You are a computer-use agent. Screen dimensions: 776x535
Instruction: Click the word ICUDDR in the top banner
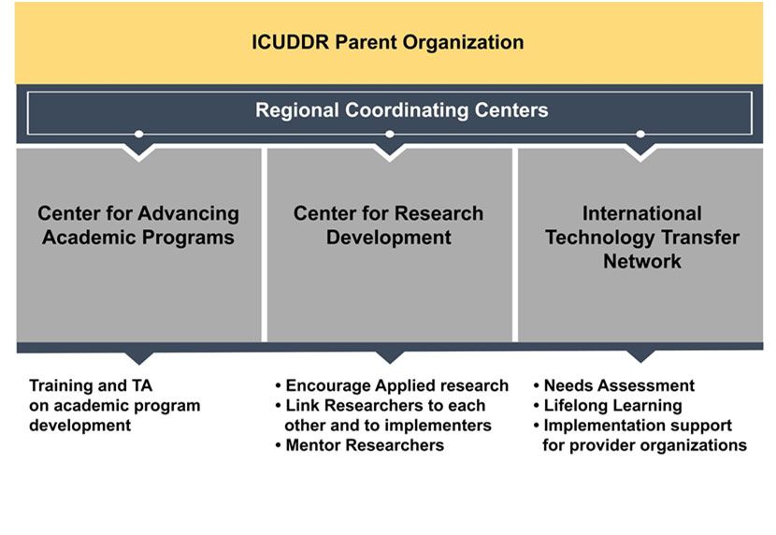coord(291,42)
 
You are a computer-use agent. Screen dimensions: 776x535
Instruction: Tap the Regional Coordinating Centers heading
coord(401,109)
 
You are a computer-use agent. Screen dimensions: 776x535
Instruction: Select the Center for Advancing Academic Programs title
coord(138,225)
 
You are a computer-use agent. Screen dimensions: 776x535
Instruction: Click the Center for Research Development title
coord(389,225)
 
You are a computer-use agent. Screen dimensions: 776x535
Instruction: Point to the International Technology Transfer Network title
coord(642,237)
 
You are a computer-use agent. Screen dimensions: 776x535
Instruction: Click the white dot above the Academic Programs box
coord(139,134)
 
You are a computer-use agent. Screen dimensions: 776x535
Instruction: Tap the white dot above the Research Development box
coord(390,134)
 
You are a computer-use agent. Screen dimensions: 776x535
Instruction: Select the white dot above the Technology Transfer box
coord(640,134)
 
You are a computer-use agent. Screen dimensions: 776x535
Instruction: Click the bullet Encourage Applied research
coord(392,385)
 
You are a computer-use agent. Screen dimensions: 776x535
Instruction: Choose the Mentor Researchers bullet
coord(360,445)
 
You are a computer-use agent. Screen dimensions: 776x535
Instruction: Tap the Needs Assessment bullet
coord(614,385)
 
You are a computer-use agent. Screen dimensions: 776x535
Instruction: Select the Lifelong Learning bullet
coord(608,406)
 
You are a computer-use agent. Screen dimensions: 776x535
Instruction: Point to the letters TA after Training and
coord(142,385)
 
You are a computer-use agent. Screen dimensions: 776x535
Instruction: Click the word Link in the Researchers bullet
coord(302,405)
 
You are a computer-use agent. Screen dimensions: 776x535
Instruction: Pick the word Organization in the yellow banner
coord(463,43)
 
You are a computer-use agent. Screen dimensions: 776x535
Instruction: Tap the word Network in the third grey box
coord(642,261)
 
